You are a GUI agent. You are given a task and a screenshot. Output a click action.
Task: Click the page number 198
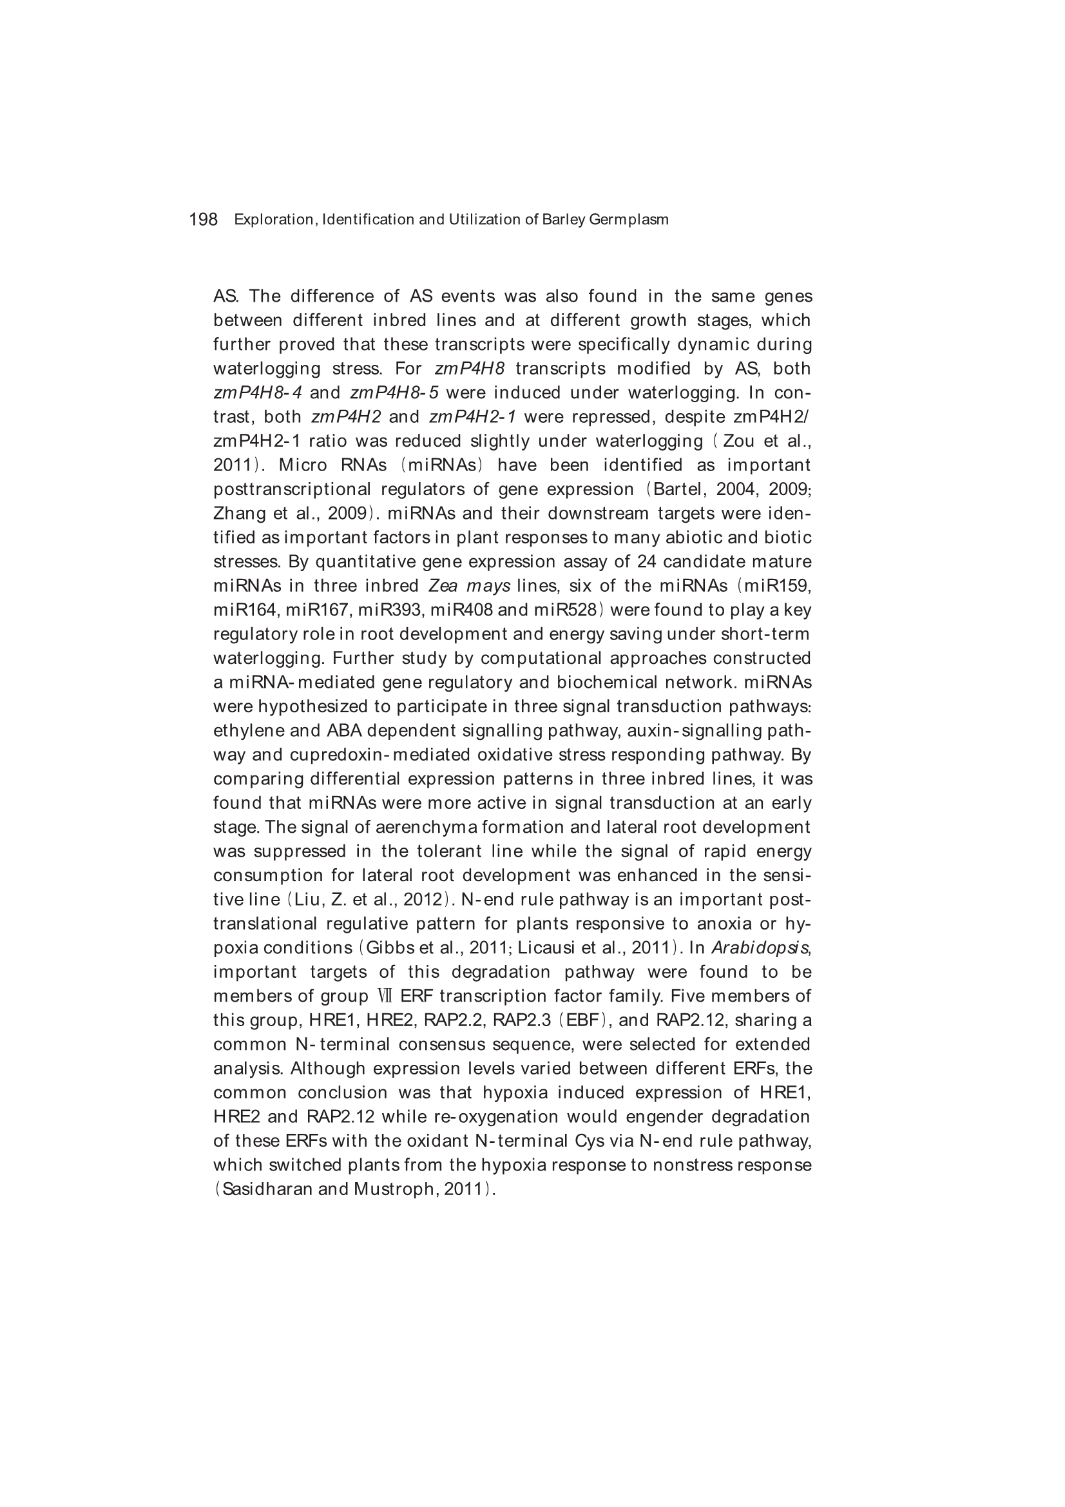click(x=203, y=219)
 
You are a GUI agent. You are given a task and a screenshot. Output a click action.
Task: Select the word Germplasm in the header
click(x=629, y=220)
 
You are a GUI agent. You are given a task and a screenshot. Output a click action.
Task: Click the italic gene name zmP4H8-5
click(x=394, y=393)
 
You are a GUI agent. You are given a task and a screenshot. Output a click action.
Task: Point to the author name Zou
click(x=738, y=441)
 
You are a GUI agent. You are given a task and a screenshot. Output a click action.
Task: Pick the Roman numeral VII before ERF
click(x=385, y=997)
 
